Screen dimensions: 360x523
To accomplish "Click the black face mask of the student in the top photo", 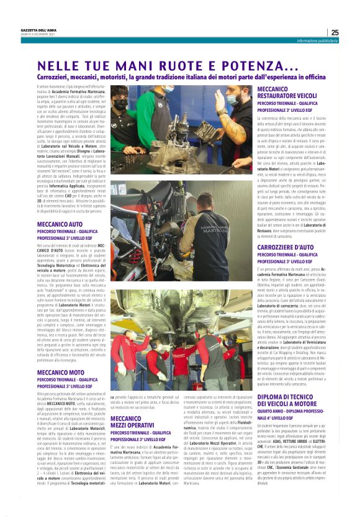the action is coord(121,104).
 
